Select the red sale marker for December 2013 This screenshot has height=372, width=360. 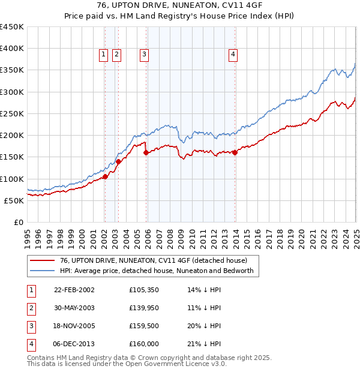[235, 152]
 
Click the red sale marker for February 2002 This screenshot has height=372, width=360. [105, 176]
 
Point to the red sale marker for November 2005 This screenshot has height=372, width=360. [146, 153]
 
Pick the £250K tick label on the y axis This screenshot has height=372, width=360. [12, 113]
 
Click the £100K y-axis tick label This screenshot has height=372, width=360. [12, 179]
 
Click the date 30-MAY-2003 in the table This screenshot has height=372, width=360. [74, 308]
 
